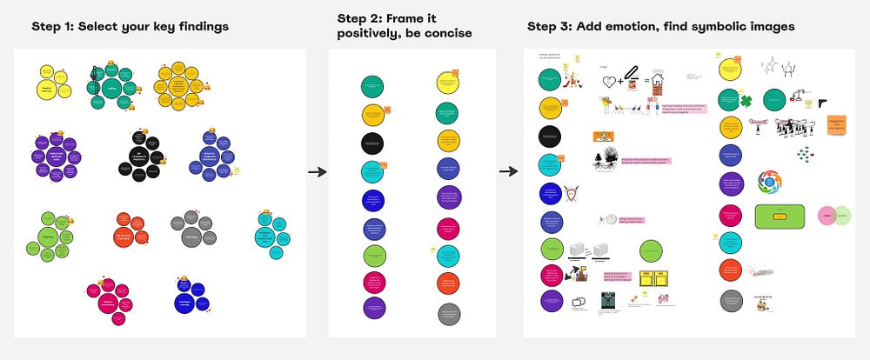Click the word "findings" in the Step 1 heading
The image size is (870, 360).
pos(197,26)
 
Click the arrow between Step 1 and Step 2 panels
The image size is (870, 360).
pos(318,171)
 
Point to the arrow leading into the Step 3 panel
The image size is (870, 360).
pos(509,171)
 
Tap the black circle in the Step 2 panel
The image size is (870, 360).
pos(373,142)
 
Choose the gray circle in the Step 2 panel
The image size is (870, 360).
pos(449,312)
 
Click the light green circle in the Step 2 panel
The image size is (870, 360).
pos(373,257)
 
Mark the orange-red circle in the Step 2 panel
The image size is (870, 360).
pos(449,283)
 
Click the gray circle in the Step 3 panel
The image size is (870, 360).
pos(730,300)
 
